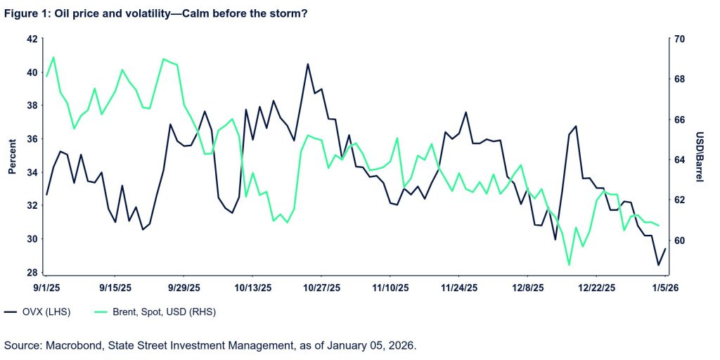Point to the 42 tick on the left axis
[x=31, y=39]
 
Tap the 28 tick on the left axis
[x=31, y=273]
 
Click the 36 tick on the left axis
[x=31, y=139]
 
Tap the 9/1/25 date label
[x=46, y=288]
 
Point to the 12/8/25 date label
[x=529, y=288]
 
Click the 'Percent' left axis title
[x=11, y=156]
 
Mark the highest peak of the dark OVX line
[x=308, y=64]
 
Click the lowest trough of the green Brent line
[x=569, y=265]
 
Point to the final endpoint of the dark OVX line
[x=665, y=248]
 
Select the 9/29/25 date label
[x=184, y=288]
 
